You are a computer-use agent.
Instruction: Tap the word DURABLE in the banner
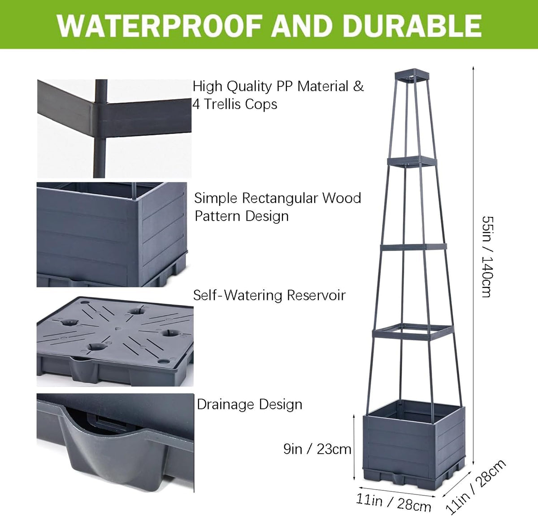pyautogui.click(x=413, y=25)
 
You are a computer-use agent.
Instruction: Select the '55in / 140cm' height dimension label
pyautogui.click(x=487, y=257)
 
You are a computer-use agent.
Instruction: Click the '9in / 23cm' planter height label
pyautogui.click(x=317, y=449)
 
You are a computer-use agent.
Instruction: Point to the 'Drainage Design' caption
pyautogui.click(x=250, y=405)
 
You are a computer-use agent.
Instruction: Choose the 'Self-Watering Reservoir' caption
pyautogui.click(x=269, y=295)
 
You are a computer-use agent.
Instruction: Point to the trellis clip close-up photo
pyautogui.click(x=114, y=129)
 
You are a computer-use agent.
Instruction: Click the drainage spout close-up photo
pyautogui.click(x=115, y=443)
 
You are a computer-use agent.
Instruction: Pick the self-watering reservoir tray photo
pyautogui.click(x=115, y=342)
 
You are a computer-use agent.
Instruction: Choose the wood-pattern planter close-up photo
pyautogui.click(x=112, y=234)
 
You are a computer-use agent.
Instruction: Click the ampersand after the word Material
pyautogui.click(x=358, y=86)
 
